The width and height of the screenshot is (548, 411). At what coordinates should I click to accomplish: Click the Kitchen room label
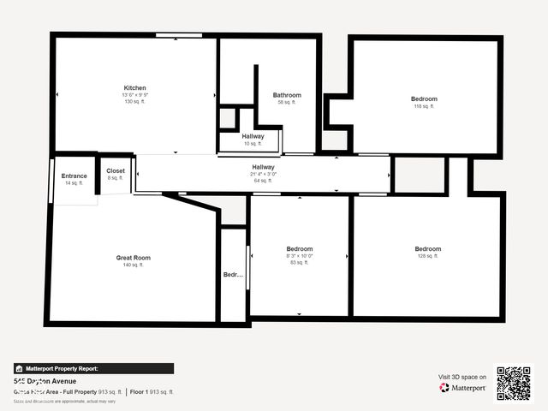(134, 88)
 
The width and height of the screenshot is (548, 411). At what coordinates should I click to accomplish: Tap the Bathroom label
(287, 95)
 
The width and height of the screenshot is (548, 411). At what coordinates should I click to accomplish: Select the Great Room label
(134, 258)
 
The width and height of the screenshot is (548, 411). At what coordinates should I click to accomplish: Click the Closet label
(116, 171)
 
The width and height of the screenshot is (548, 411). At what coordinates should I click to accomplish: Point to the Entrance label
(74, 176)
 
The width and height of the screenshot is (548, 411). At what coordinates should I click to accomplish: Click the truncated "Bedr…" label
(234, 275)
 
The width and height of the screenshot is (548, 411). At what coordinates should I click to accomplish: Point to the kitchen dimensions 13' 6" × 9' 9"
(134, 95)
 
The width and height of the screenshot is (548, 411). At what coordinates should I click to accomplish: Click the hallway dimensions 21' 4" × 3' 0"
(263, 174)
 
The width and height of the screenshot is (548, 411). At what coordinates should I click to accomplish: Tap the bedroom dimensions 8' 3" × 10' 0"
(300, 255)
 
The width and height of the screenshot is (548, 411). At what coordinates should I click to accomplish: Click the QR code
(514, 384)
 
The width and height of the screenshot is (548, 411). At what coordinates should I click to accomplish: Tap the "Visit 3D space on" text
(462, 377)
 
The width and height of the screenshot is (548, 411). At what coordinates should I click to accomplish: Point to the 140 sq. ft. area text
(134, 265)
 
